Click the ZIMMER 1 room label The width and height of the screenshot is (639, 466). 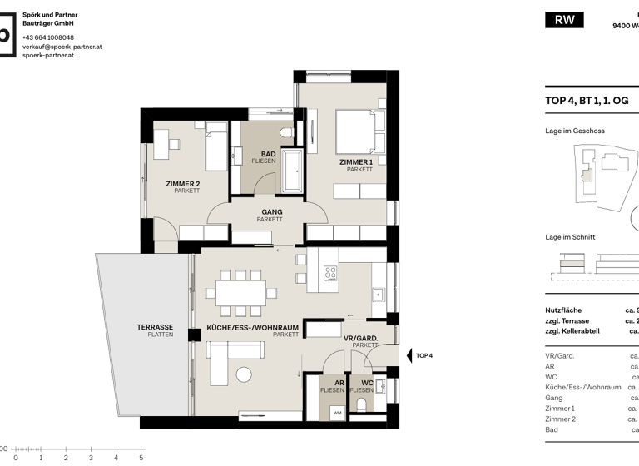click(x=355, y=161)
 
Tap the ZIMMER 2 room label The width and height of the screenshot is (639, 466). click(x=182, y=183)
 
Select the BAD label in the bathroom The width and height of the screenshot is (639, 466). click(x=268, y=154)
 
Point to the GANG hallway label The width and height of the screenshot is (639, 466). click(x=271, y=212)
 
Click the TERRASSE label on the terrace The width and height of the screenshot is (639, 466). click(x=155, y=327)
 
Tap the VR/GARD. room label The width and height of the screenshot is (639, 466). click(x=361, y=338)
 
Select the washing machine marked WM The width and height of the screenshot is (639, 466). click(x=336, y=412)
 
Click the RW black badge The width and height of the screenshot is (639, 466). click(x=564, y=20)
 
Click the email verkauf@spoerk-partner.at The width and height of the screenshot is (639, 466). click(x=62, y=47)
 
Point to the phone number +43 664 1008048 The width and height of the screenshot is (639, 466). click(x=47, y=37)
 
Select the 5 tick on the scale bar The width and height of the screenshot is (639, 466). click(x=141, y=457)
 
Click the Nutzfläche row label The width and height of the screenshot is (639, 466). click(x=563, y=310)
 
